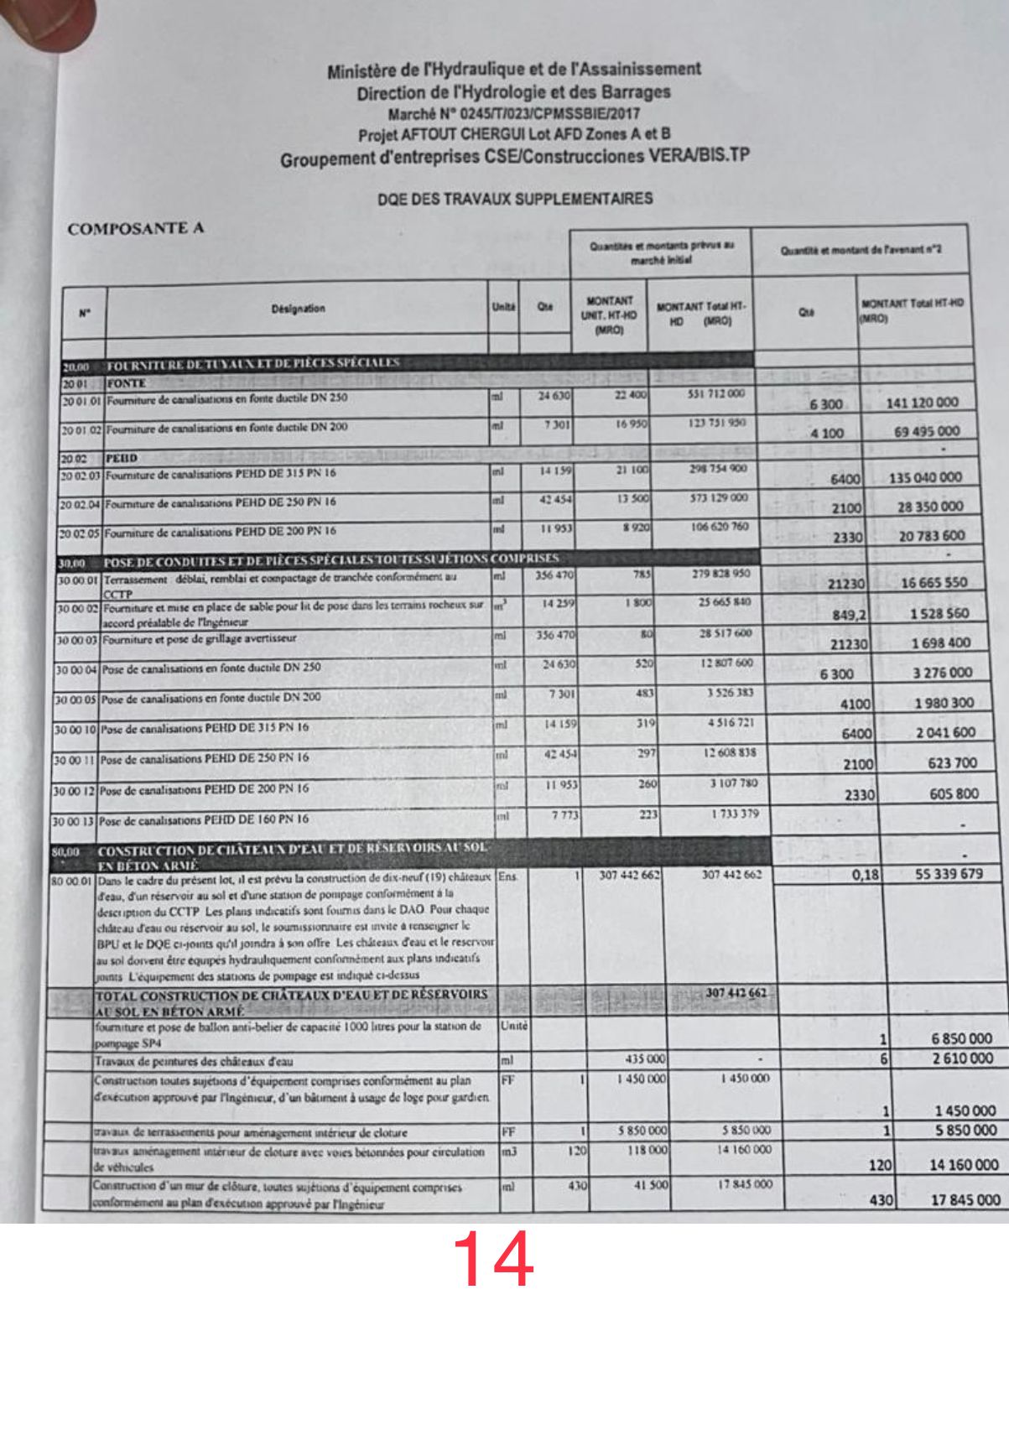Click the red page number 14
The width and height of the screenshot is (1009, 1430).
493,1260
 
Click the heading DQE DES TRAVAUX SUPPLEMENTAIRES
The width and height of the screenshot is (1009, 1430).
515,200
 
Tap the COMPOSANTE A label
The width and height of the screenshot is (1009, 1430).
136,228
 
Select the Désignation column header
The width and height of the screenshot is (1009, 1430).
298,309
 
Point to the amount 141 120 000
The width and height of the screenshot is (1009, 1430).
921,403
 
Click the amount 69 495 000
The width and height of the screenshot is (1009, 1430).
927,432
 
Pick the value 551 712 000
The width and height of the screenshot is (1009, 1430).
715,394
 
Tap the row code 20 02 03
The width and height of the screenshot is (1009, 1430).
80,475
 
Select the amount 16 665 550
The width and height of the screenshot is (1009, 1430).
933,583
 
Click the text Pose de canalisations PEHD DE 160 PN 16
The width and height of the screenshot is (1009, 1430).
204,819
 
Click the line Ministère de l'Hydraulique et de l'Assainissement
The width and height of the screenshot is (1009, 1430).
513,70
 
